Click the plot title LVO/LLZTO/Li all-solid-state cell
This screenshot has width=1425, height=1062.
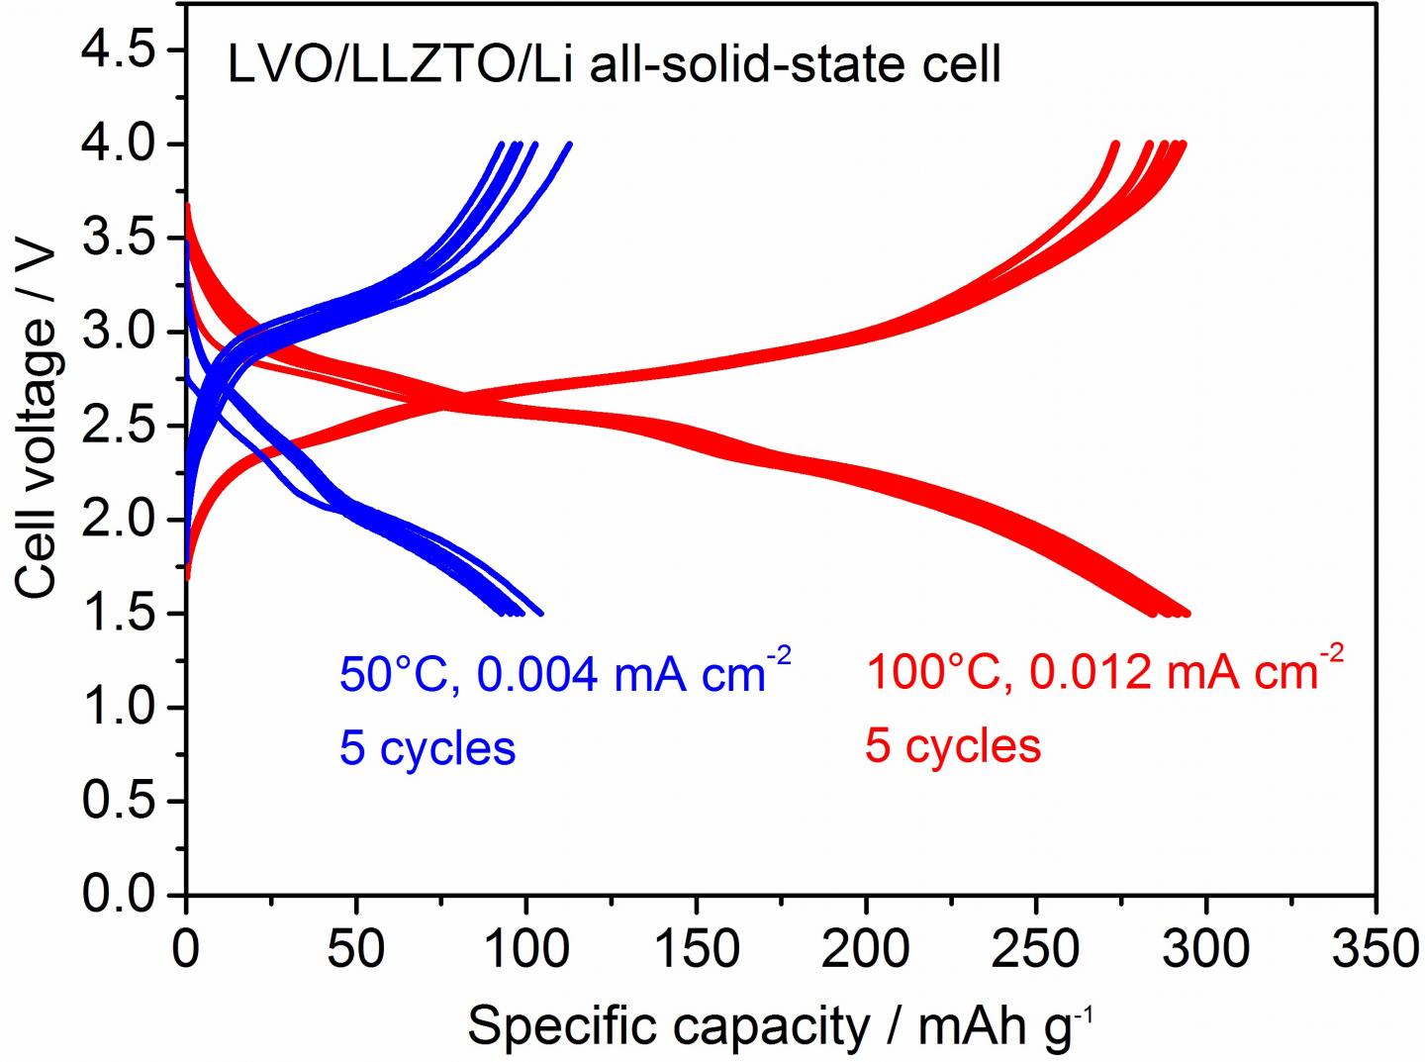[x=614, y=65]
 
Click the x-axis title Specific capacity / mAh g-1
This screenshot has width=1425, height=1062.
[x=780, y=1025]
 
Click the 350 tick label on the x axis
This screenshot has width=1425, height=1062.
[x=1376, y=949]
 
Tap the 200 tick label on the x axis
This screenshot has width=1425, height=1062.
[x=866, y=949]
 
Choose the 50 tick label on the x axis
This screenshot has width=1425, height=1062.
[x=355, y=949]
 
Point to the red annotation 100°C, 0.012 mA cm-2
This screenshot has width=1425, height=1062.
[x=1104, y=670]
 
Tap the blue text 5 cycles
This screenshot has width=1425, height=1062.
[x=427, y=748]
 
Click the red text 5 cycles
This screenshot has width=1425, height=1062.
[x=953, y=745]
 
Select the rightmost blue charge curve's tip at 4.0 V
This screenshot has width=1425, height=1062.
[x=569, y=145]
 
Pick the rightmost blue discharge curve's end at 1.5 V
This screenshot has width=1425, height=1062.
[x=540, y=613]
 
